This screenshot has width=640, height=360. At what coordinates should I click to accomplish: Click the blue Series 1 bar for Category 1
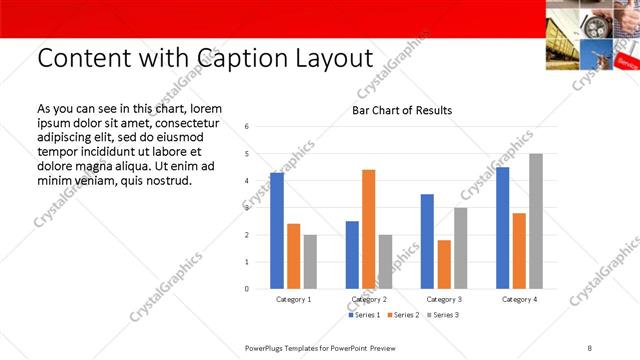[x=277, y=231]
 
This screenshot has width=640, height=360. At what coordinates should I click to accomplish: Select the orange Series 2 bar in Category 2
[x=369, y=229]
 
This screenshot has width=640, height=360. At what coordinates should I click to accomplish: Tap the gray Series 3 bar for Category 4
[x=536, y=221]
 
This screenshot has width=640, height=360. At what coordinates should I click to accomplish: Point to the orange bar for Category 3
[x=444, y=264]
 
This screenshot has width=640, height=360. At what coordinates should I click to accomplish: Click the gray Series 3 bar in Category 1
[x=310, y=262]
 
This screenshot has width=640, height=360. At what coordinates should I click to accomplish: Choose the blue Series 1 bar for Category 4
[x=502, y=228]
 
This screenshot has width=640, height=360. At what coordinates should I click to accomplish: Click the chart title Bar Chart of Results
[x=402, y=110]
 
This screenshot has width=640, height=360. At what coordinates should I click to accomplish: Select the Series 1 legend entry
[x=365, y=315]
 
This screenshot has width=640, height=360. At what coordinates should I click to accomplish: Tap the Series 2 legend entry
[x=403, y=315]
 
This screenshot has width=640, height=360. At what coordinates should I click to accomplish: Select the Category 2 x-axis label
[x=369, y=299]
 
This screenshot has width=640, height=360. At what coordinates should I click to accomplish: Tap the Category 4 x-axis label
[x=519, y=299]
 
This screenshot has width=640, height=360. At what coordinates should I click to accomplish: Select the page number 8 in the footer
[x=589, y=347]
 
